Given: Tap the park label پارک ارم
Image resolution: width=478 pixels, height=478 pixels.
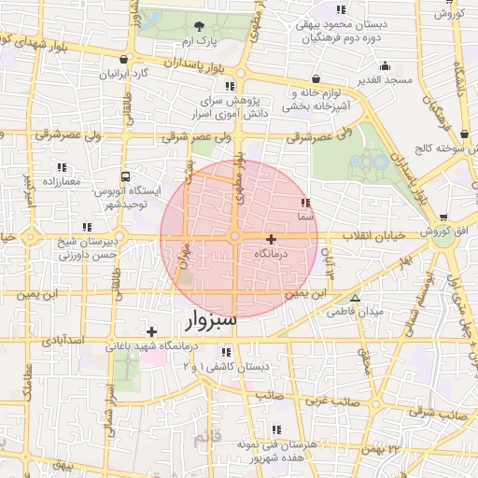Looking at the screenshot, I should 199,43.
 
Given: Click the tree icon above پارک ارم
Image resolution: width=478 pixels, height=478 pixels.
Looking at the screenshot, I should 199,26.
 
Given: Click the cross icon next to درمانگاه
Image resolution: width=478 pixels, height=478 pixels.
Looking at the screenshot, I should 271,239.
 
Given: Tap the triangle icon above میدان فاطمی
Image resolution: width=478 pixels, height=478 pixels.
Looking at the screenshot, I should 353,297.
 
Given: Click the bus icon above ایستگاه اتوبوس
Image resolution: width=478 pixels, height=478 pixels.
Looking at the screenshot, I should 125,174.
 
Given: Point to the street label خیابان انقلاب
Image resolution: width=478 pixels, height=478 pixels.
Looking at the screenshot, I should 373,235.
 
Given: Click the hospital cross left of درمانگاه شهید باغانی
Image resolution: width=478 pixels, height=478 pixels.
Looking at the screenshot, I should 152,330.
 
